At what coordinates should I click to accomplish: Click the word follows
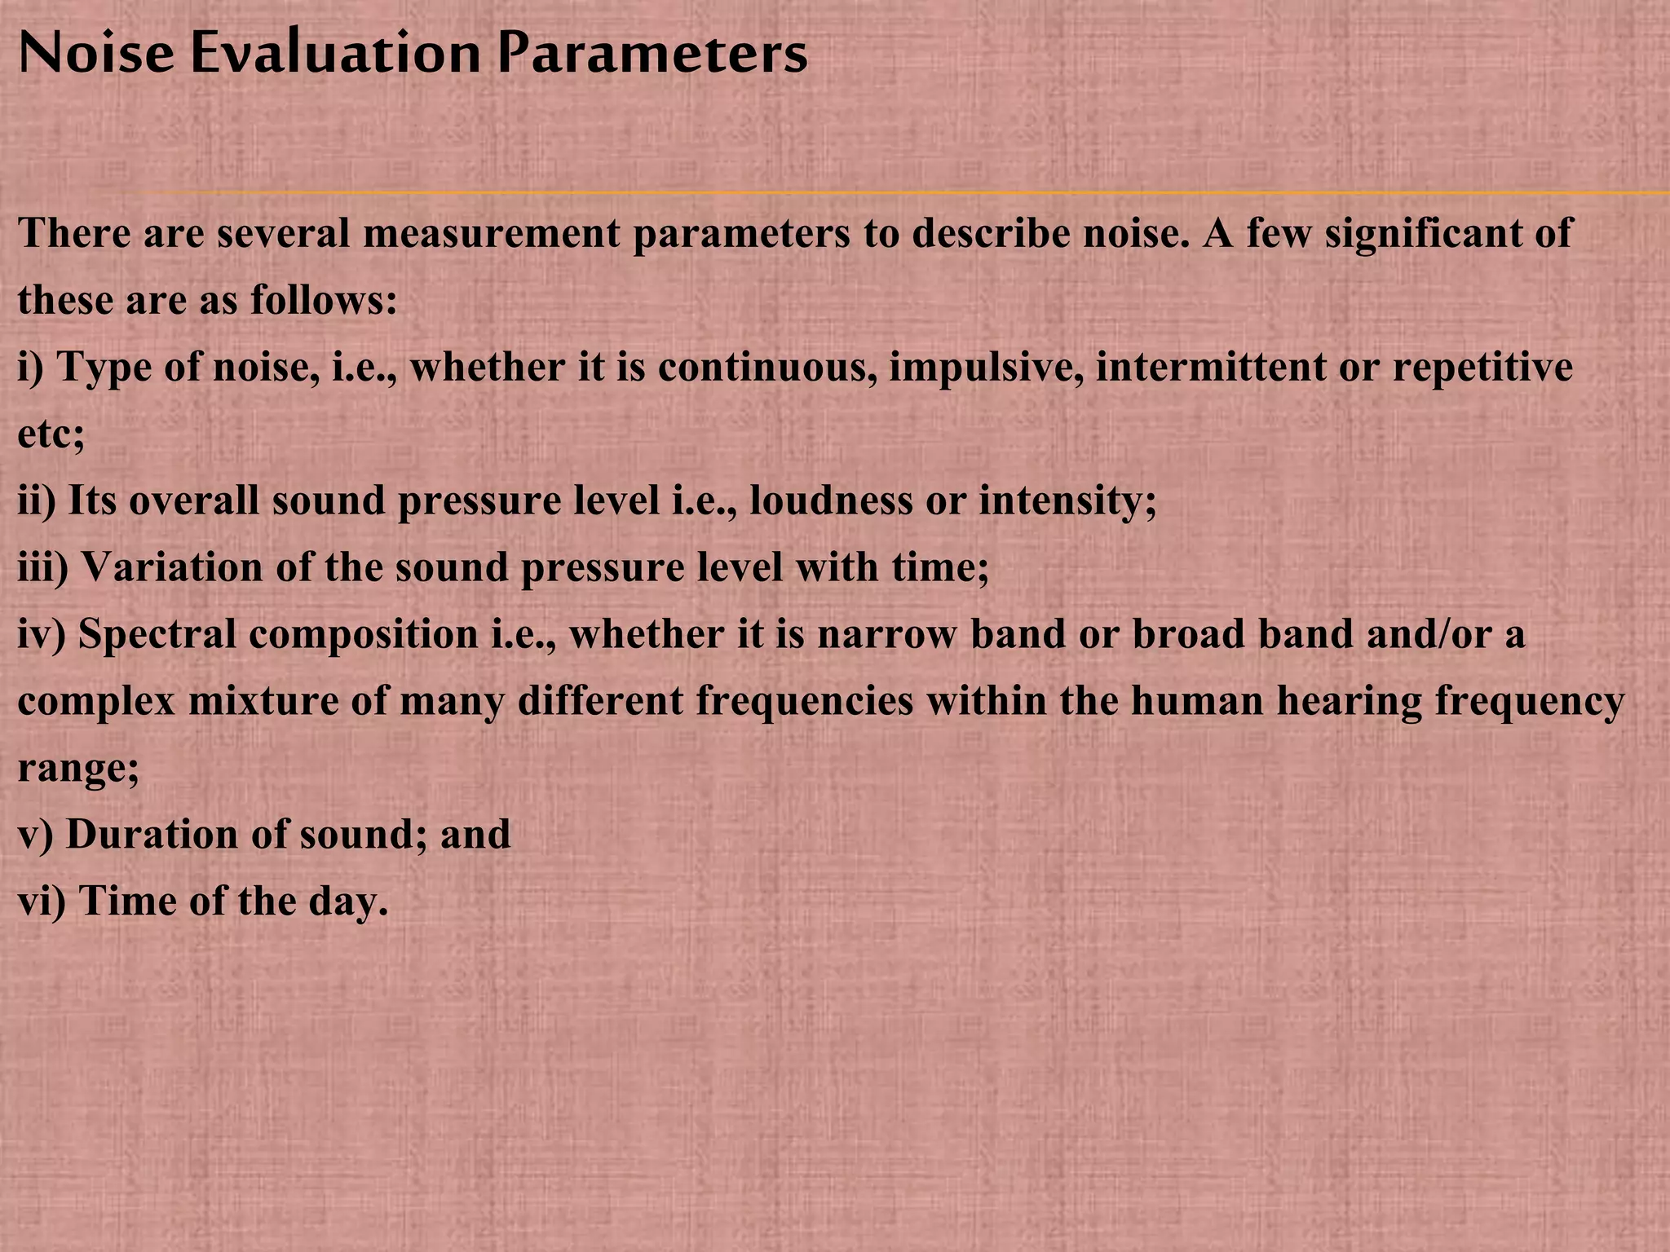click(323, 301)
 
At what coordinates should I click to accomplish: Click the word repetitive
click(1482, 368)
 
